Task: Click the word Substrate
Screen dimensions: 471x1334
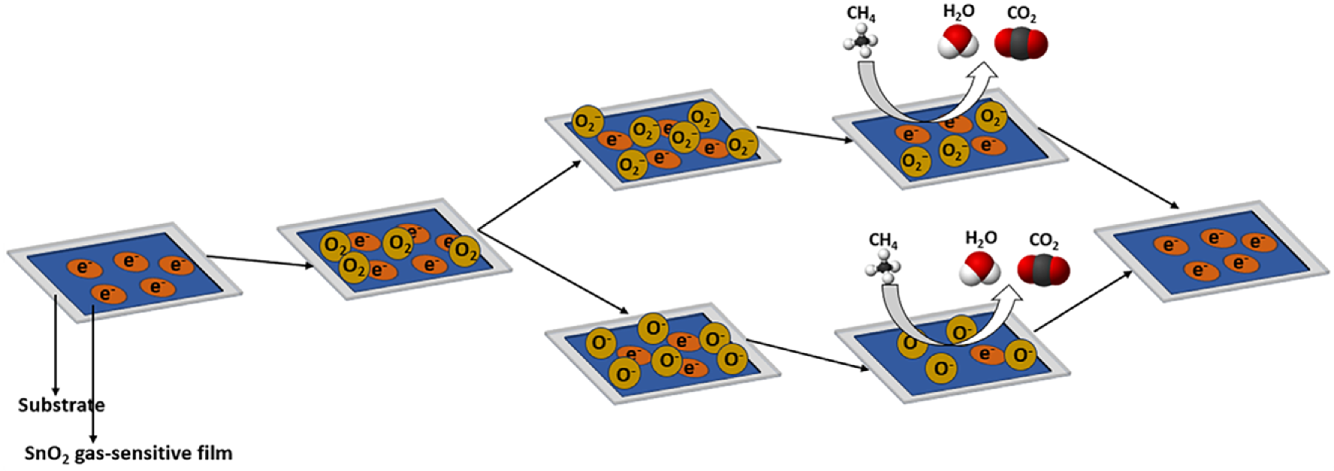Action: tap(61, 405)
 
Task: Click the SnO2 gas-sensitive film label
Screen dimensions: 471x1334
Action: tap(128, 453)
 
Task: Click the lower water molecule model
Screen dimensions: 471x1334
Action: tap(980, 269)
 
